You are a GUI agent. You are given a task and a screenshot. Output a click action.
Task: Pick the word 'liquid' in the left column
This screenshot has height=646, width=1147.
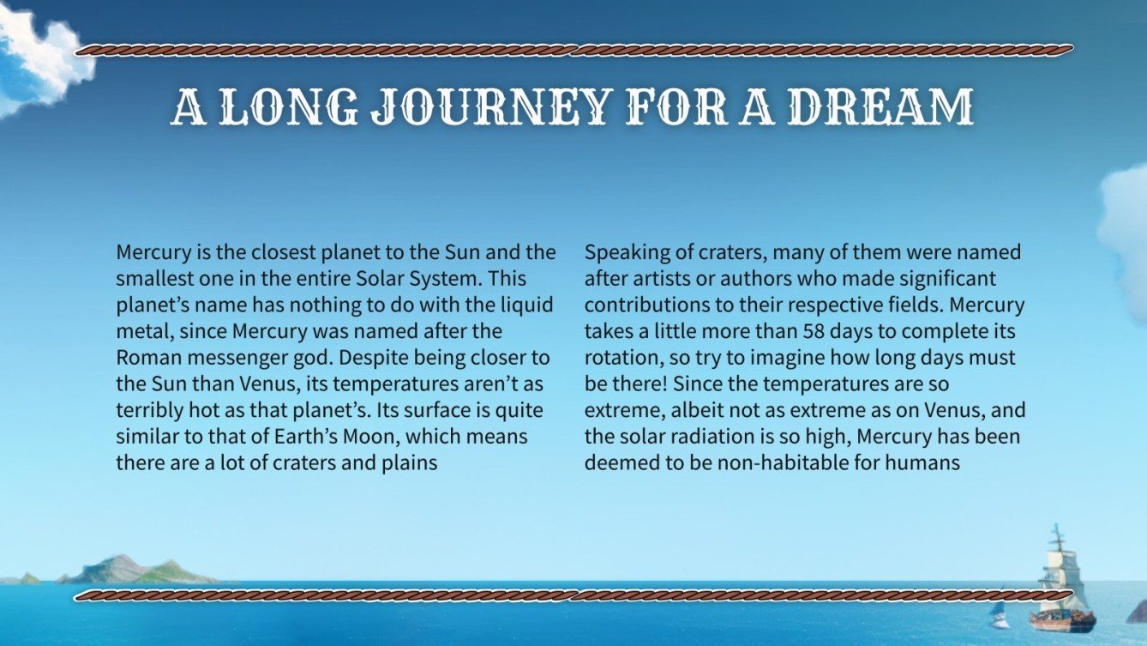[x=528, y=305]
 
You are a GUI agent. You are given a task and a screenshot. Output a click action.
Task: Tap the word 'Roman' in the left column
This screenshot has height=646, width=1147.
[x=144, y=358]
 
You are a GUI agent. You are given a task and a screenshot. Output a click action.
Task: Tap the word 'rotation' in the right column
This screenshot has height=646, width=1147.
[x=619, y=358]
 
